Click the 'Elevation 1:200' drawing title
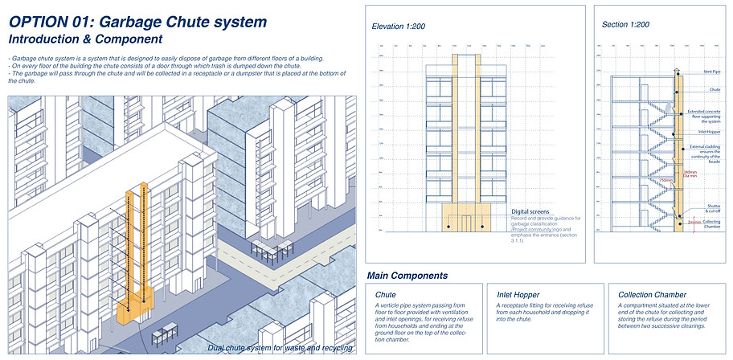399,27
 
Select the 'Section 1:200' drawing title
626,25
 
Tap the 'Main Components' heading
407,276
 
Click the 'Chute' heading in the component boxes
386,295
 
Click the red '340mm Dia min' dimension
689,174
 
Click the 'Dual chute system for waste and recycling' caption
279,347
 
